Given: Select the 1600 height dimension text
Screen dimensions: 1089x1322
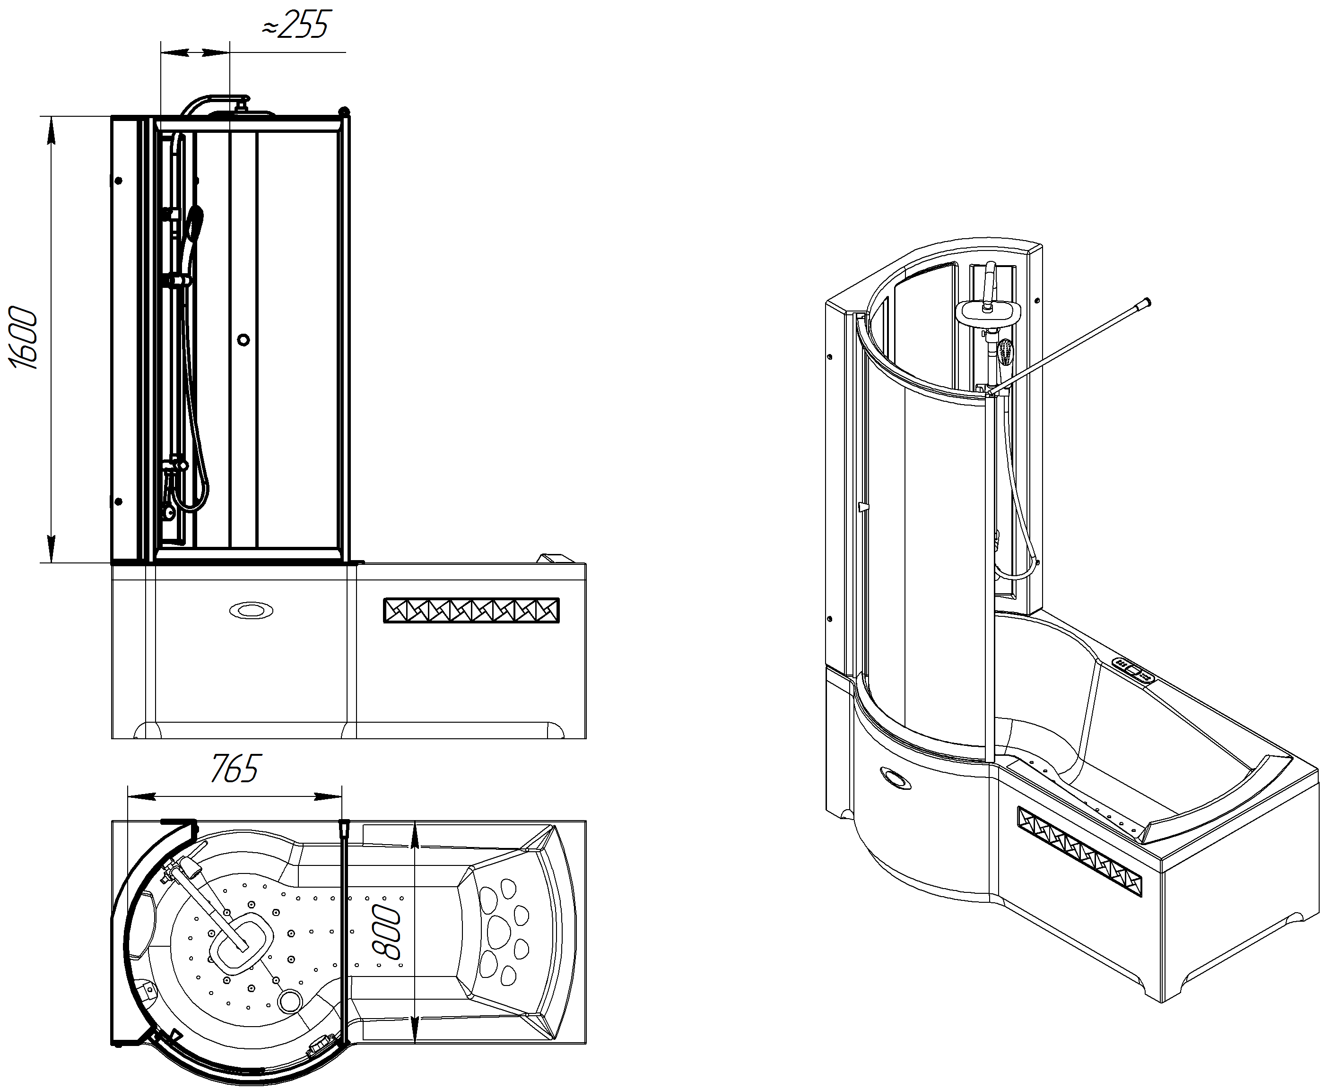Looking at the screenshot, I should pyautogui.click(x=24, y=337).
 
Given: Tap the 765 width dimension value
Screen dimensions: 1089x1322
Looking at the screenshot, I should pyautogui.click(x=234, y=769).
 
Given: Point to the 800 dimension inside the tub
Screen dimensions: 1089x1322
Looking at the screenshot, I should pyautogui.click(x=386, y=932).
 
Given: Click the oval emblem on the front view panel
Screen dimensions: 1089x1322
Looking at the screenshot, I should pyautogui.click(x=251, y=610).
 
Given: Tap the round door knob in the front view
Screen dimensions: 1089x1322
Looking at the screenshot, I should pyautogui.click(x=244, y=340).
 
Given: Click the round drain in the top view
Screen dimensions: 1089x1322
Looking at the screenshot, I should pyautogui.click(x=289, y=1001).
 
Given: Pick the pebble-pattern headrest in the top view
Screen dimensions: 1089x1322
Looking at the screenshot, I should pyautogui.click(x=504, y=932).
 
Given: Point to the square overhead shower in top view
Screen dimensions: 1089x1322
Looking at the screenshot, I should pyautogui.click(x=241, y=940).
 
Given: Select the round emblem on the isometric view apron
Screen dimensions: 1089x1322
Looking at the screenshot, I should pyautogui.click(x=894, y=778).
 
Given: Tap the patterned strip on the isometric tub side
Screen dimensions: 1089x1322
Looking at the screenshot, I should pyautogui.click(x=1079, y=851).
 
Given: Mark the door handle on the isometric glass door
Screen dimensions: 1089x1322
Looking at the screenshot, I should pyautogui.click(x=863, y=506).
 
